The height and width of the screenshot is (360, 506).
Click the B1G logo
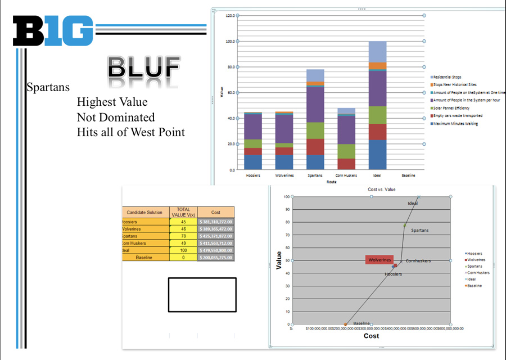coord(53,30)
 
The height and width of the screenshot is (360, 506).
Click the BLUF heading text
coord(144,68)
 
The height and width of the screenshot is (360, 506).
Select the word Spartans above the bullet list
coord(48,88)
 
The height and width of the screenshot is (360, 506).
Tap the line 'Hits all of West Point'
coord(130,132)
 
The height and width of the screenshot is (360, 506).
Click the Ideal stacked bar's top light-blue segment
coord(377,52)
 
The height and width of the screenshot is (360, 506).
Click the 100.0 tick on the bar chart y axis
coord(230,41)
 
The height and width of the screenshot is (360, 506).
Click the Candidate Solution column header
coord(145,213)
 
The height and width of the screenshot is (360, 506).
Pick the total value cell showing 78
coord(183,236)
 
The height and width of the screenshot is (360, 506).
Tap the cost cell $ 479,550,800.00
coord(216,250)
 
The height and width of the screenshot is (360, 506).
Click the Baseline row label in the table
coord(145,257)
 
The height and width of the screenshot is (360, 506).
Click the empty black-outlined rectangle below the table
coord(202,295)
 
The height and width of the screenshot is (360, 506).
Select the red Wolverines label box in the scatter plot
coord(379,260)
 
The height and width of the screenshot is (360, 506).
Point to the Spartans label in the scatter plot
coord(419,230)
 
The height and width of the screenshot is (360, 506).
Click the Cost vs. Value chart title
coord(382,190)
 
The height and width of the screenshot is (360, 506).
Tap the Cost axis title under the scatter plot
coord(371,336)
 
